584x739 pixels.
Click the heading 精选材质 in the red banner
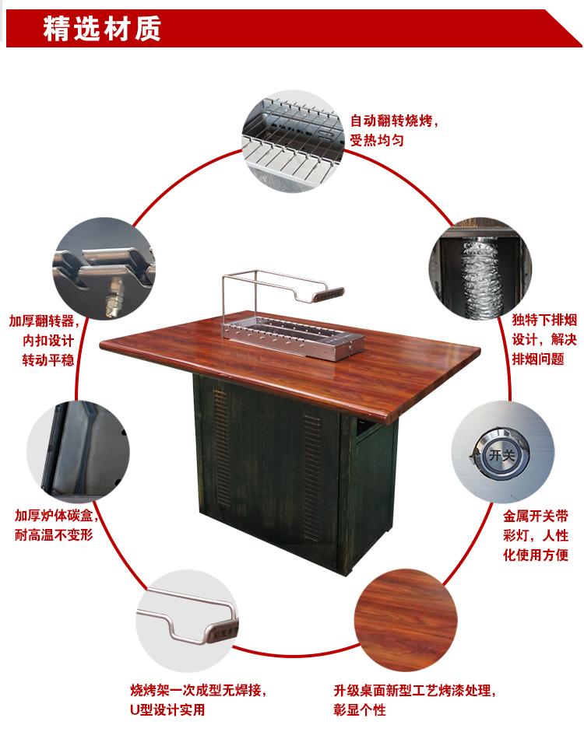[102, 28]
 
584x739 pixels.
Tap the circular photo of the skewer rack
[293, 142]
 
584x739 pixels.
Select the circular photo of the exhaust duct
[480, 268]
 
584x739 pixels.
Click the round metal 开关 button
[501, 455]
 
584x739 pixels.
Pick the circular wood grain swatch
[406, 619]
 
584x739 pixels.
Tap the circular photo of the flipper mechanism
[104, 268]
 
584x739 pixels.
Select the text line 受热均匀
[376, 140]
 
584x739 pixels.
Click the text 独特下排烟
[544, 320]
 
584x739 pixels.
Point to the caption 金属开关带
[536, 516]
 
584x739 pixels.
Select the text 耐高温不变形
[54, 535]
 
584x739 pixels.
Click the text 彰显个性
[360, 709]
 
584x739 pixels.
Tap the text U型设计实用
[167, 709]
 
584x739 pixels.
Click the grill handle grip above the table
[329, 295]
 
